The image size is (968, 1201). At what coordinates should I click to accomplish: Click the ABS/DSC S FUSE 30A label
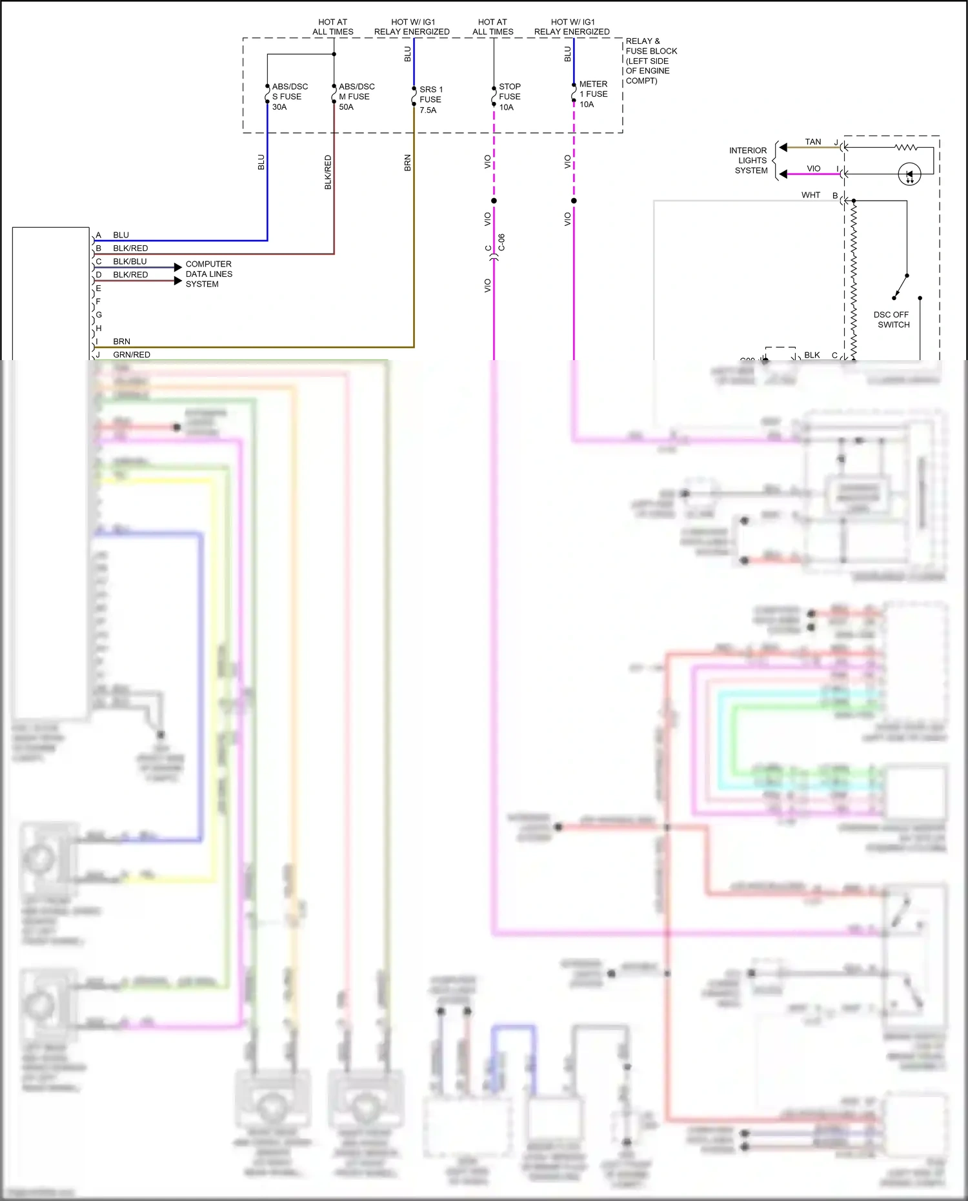tap(289, 97)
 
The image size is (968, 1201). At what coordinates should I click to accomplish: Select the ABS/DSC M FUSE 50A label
tap(356, 97)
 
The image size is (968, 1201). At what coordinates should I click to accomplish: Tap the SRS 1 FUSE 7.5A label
tap(430, 99)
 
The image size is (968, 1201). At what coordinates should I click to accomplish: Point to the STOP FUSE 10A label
tap(509, 97)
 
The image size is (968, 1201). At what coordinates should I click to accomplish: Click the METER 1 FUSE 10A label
tap(592, 94)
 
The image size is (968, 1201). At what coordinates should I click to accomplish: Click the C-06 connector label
tap(501, 243)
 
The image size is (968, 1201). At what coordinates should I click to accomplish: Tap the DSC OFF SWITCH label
tap(892, 319)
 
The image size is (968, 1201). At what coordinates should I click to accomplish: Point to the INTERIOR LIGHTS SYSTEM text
tap(750, 160)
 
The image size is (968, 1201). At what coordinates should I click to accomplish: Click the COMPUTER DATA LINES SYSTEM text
tap(208, 274)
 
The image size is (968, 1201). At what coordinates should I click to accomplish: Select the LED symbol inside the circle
tap(909, 174)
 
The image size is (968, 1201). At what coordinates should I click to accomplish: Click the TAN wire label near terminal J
tap(812, 142)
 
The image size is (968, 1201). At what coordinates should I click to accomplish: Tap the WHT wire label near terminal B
tap(811, 195)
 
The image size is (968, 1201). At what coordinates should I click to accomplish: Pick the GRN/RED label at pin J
tap(132, 354)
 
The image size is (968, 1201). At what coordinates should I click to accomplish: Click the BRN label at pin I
tap(121, 341)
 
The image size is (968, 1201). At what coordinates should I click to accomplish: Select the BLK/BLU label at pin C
tap(130, 261)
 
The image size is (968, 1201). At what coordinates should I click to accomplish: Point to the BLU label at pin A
tap(121, 235)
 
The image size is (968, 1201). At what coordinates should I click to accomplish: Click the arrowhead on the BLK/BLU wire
tap(178, 267)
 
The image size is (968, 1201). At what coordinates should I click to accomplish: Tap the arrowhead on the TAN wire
tap(783, 147)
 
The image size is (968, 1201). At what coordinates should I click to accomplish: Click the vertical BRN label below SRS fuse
tap(407, 163)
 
